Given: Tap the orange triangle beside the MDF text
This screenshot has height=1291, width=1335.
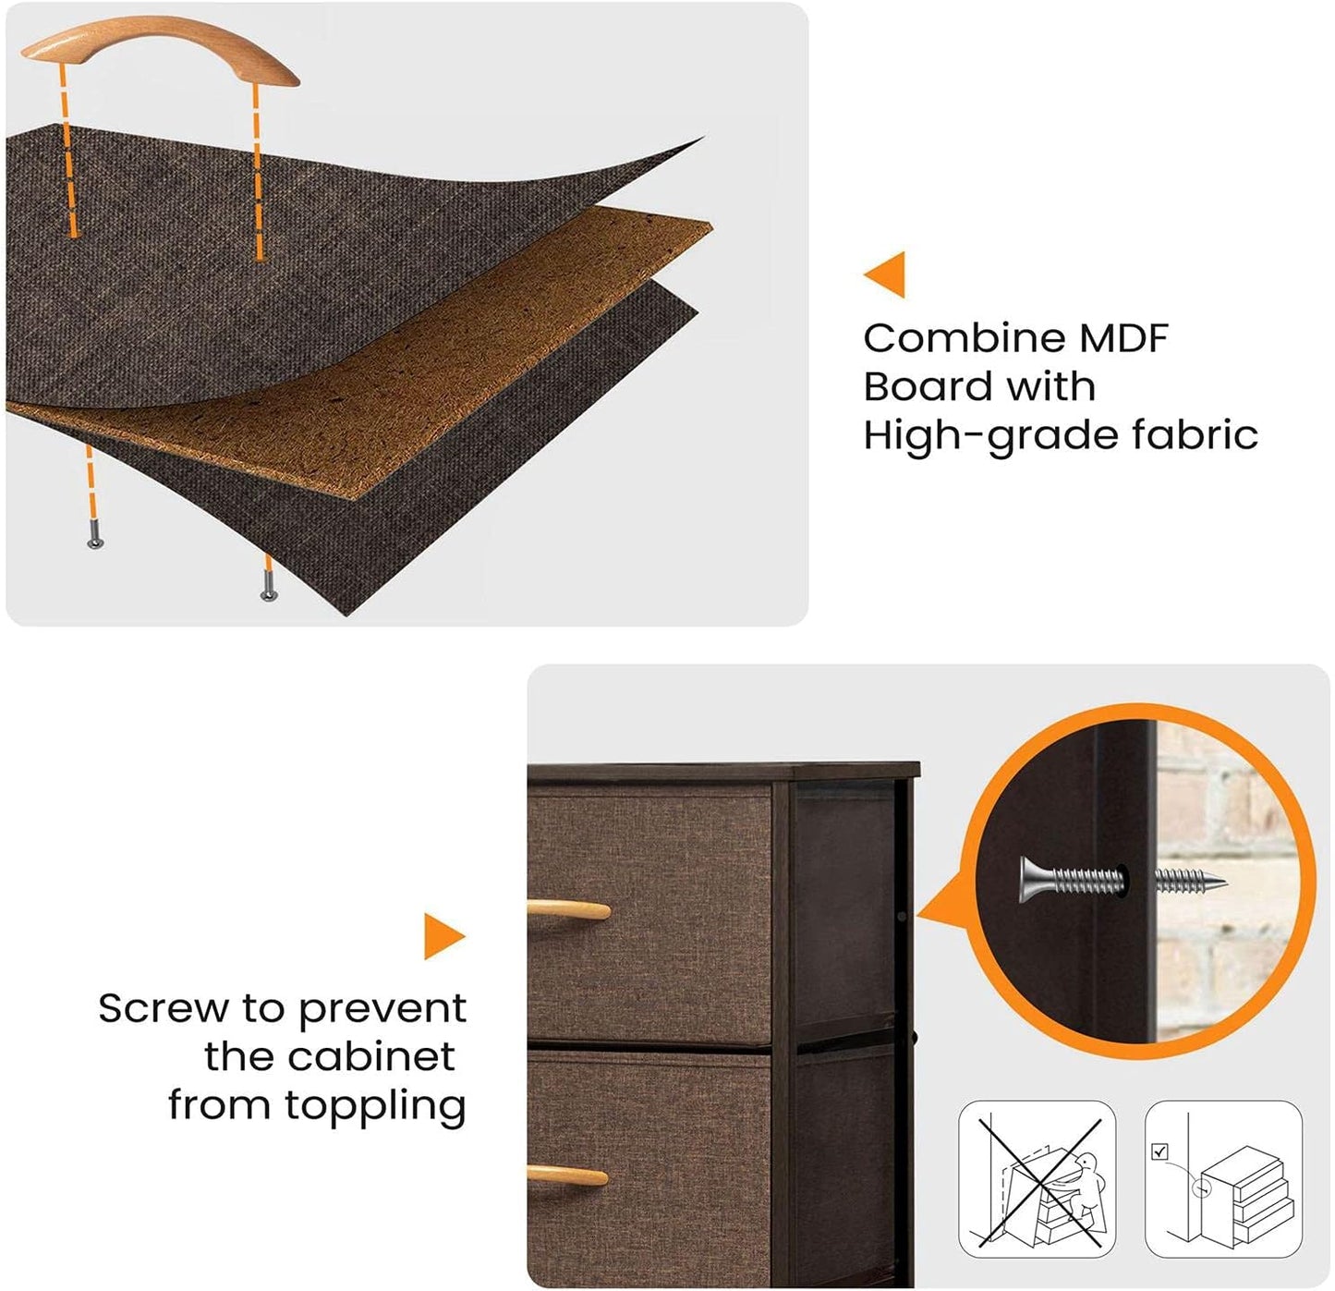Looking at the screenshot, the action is [x=885, y=274].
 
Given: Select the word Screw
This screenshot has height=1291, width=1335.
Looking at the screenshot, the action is [x=164, y=1008].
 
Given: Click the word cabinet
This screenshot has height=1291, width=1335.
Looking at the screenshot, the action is [x=371, y=1056].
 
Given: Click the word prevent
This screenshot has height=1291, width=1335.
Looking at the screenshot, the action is [x=382, y=1010].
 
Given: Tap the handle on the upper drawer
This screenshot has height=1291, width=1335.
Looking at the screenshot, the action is [x=569, y=910].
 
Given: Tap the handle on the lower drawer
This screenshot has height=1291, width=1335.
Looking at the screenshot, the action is [x=567, y=1175].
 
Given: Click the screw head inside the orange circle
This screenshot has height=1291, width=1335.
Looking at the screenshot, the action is [x=1034, y=879].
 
